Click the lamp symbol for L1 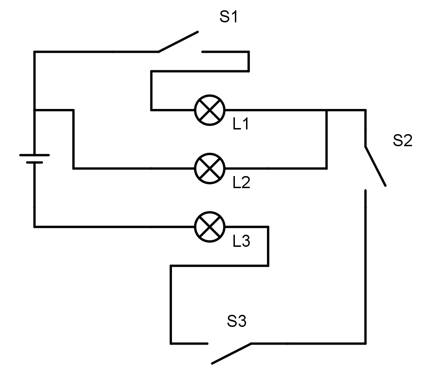pyautogui.click(x=209, y=110)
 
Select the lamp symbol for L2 pyautogui.click(x=209, y=168)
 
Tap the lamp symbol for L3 pyautogui.click(x=209, y=227)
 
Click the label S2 pyautogui.click(x=402, y=141)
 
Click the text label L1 pyautogui.click(x=241, y=125)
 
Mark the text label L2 pyautogui.click(x=241, y=183)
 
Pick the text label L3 pyautogui.click(x=241, y=241)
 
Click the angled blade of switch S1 pyautogui.click(x=178, y=42)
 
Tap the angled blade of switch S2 pyautogui.click(x=375, y=166)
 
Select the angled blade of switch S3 pyautogui.click(x=231, y=353)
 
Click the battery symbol pyautogui.click(x=34, y=159)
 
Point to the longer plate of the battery pyautogui.click(x=34, y=155)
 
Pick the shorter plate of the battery pyautogui.click(x=34, y=163)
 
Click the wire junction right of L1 pyautogui.click(x=326, y=110)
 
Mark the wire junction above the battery pyautogui.click(x=34, y=110)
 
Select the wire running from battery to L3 pyautogui.click(x=112, y=227)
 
